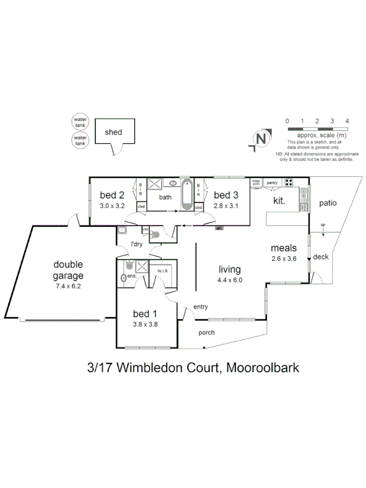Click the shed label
113,132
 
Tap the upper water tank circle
80,121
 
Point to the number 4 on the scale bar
346,121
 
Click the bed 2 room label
112,195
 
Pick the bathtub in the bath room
186,195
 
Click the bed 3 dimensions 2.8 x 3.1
226,206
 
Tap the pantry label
272,183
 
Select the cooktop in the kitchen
289,182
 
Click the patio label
328,203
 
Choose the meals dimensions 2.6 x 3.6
284,259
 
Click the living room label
229,269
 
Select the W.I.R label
163,271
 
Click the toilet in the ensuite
124,278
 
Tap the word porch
206,332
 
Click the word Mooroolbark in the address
263,368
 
